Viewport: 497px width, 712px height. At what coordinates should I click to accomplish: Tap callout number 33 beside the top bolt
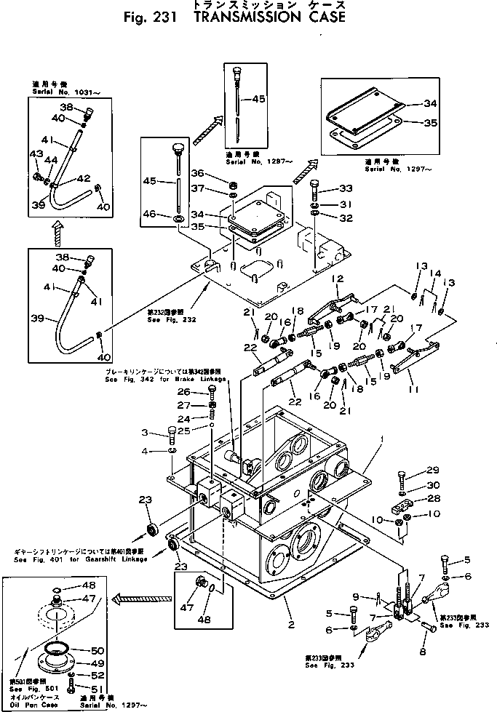pos(346,188)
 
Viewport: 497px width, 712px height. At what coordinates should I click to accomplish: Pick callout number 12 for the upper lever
pos(336,279)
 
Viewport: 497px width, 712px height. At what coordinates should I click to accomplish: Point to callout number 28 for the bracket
pos(434,498)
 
